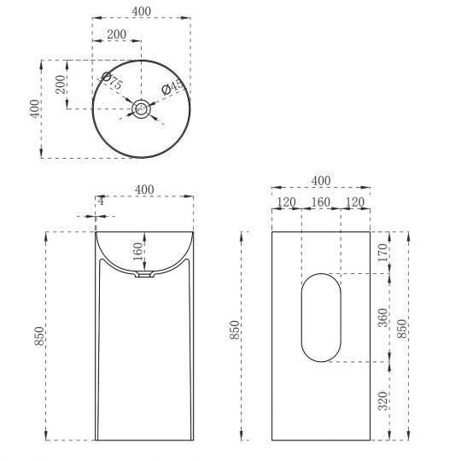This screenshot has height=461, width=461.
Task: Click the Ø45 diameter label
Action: coord(173,87)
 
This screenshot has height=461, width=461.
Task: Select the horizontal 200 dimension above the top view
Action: coord(117,34)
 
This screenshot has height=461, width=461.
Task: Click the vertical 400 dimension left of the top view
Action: coord(34,108)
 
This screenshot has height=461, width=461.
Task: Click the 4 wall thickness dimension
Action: coord(101,201)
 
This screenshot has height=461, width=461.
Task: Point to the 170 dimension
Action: coord(382,252)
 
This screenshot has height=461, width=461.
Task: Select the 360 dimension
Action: coord(382,317)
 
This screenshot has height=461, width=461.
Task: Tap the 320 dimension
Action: coord(382,400)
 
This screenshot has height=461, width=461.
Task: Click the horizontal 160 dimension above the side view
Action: coord(321,202)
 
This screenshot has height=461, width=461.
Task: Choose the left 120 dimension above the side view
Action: coord(287,202)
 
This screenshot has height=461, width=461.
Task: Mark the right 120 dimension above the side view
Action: coord(355,202)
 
